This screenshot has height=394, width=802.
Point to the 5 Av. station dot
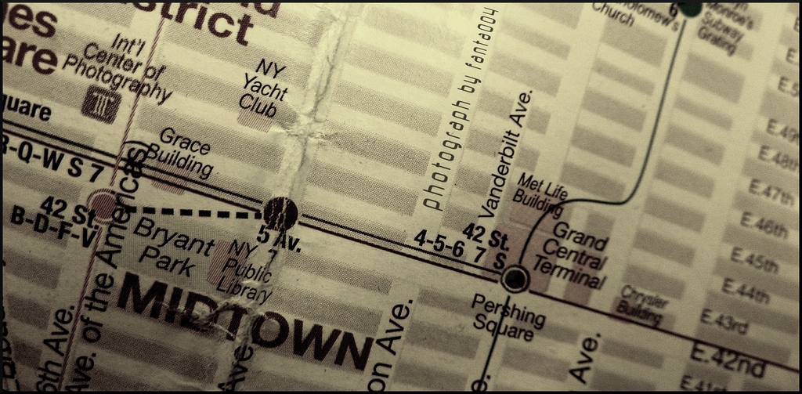[280, 212]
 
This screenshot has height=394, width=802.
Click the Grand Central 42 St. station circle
[514, 277]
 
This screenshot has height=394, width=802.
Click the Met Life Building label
[541, 195]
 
